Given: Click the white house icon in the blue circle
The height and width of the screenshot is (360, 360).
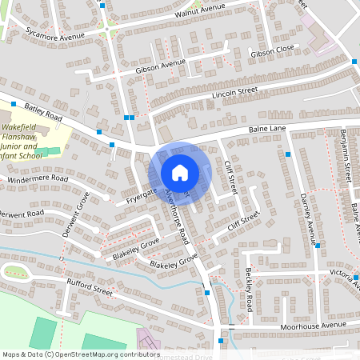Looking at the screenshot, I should click(180, 173).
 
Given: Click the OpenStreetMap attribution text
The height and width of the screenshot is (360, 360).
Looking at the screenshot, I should click(81, 354).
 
